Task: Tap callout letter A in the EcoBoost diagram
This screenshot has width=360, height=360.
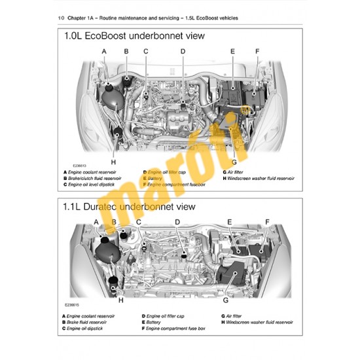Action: (103, 51)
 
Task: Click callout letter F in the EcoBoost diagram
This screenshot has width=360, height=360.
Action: (257, 51)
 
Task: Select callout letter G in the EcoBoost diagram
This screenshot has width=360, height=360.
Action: (234, 161)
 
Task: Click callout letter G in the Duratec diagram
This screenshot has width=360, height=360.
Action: (226, 300)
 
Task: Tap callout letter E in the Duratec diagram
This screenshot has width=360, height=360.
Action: (230, 222)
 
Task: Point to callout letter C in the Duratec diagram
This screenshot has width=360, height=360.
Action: (139, 222)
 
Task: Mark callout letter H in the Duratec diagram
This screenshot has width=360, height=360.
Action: (120, 301)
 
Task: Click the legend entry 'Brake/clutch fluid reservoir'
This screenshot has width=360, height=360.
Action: (98, 178)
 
